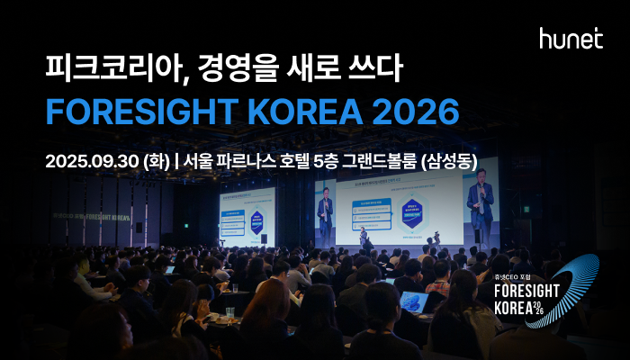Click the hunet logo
pyautogui.click(x=571, y=38)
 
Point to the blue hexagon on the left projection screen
pyautogui.click(x=257, y=219)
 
